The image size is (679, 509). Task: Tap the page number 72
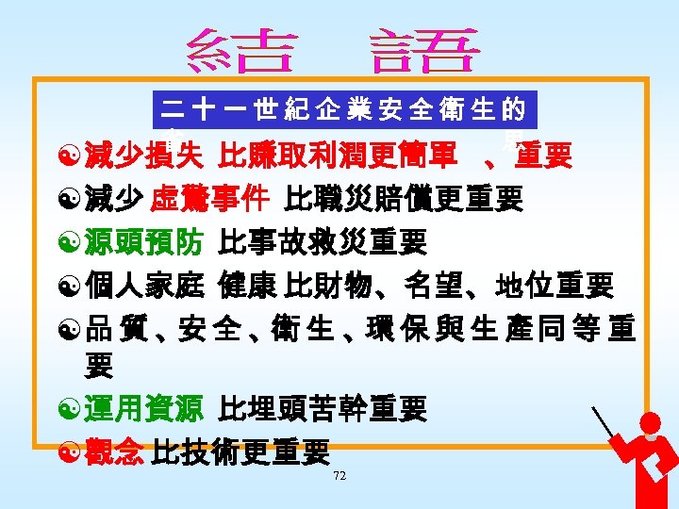[x=339, y=477]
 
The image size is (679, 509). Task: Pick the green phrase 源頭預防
[x=142, y=242]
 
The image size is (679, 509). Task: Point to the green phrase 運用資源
[x=142, y=408]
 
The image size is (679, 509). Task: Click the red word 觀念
[x=114, y=452]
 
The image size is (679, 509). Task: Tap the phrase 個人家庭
[x=142, y=285]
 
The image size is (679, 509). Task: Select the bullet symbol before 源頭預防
[x=68, y=243]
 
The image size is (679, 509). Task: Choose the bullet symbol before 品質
[x=68, y=328]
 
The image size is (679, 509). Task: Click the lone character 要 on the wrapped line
[x=99, y=365]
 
